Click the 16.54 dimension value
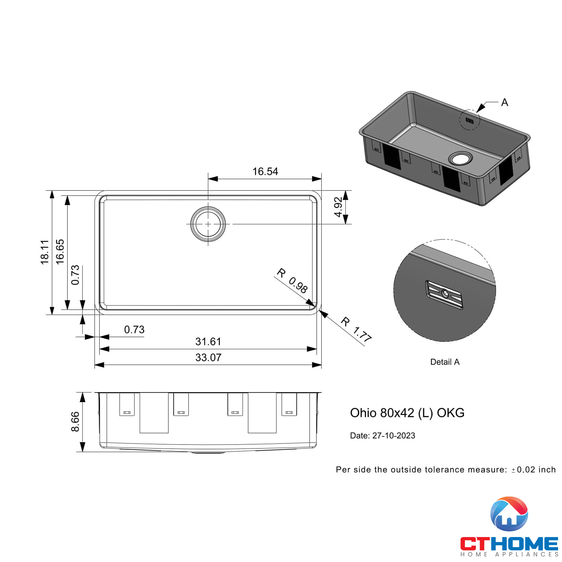[x=265, y=171]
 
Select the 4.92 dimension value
[x=338, y=207]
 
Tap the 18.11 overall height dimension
[x=44, y=252]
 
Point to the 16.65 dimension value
[x=60, y=251]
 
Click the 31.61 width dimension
[x=208, y=341]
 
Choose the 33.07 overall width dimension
[x=208, y=357]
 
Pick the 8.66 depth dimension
[x=75, y=422]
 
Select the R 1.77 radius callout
[x=356, y=330]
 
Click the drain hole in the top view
[x=208, y=224]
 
